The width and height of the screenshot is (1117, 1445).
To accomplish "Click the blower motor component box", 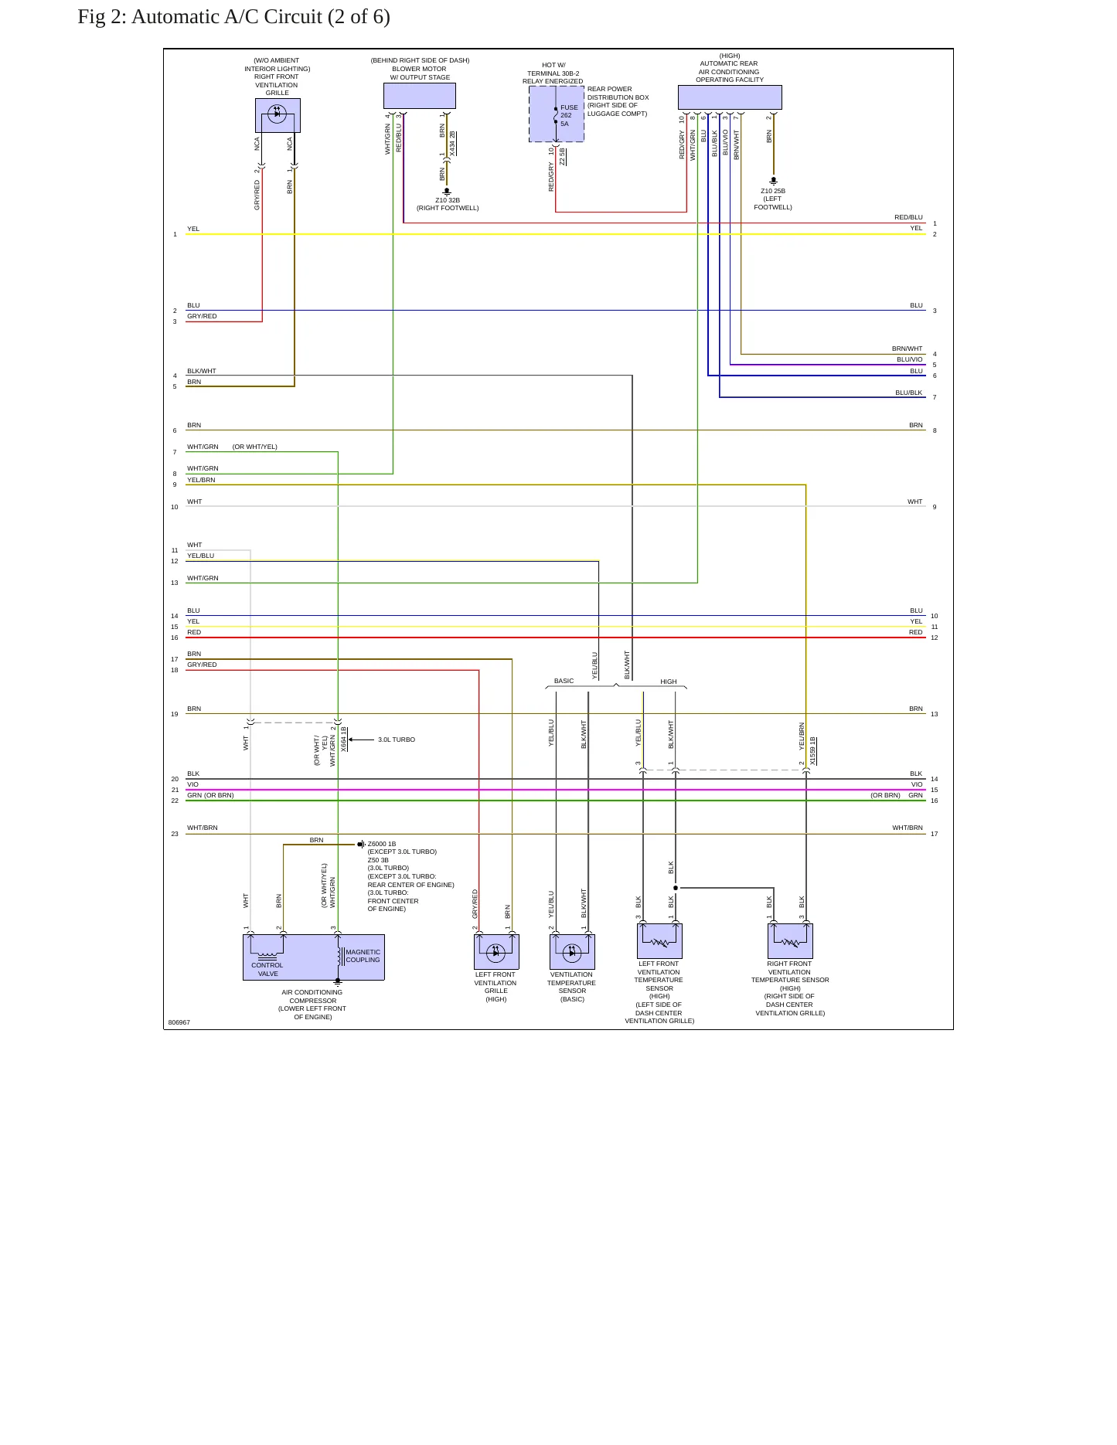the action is click(420, 96).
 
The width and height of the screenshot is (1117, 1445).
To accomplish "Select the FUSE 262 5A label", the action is click(569, 116).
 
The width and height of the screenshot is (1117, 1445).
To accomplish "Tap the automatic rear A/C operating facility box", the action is click(730, 97).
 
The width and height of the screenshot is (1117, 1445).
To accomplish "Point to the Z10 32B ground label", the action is click(448, 200).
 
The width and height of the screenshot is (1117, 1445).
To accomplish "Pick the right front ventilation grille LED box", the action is click(278, 116).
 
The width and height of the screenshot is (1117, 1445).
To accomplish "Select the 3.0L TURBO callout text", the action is click(397, 739).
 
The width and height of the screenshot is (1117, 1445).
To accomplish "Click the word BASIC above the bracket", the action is click(564, 681).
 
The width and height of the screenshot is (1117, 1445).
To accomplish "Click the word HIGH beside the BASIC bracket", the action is click(669, 682).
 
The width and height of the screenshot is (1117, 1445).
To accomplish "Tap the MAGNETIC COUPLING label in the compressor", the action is click(363, 956).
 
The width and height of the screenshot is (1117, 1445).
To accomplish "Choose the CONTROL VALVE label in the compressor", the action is click(267, 969).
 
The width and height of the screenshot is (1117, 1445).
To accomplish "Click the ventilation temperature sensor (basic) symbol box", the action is click(572, 952).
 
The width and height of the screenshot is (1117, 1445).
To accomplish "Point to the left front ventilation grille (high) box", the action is click(496, 952).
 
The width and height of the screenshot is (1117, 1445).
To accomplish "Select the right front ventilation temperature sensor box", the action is click(790, 941).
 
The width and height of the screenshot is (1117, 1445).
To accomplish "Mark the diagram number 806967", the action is click(179, 1022).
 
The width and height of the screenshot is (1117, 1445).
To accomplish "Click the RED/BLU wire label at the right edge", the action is click(908, 217).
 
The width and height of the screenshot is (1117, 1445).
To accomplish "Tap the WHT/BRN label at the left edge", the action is click(203, 828).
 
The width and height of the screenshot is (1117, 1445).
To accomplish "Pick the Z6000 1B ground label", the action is click(382, 844).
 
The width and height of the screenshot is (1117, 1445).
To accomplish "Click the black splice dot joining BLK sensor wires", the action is click(676, 888).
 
